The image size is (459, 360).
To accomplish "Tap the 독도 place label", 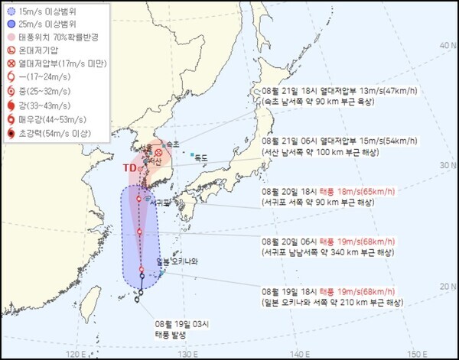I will point(202,157).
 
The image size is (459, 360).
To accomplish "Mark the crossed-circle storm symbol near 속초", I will point(158,153).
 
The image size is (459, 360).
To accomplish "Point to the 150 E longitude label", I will point(418,354).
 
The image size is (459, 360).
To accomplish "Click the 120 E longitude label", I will point(76,354).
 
